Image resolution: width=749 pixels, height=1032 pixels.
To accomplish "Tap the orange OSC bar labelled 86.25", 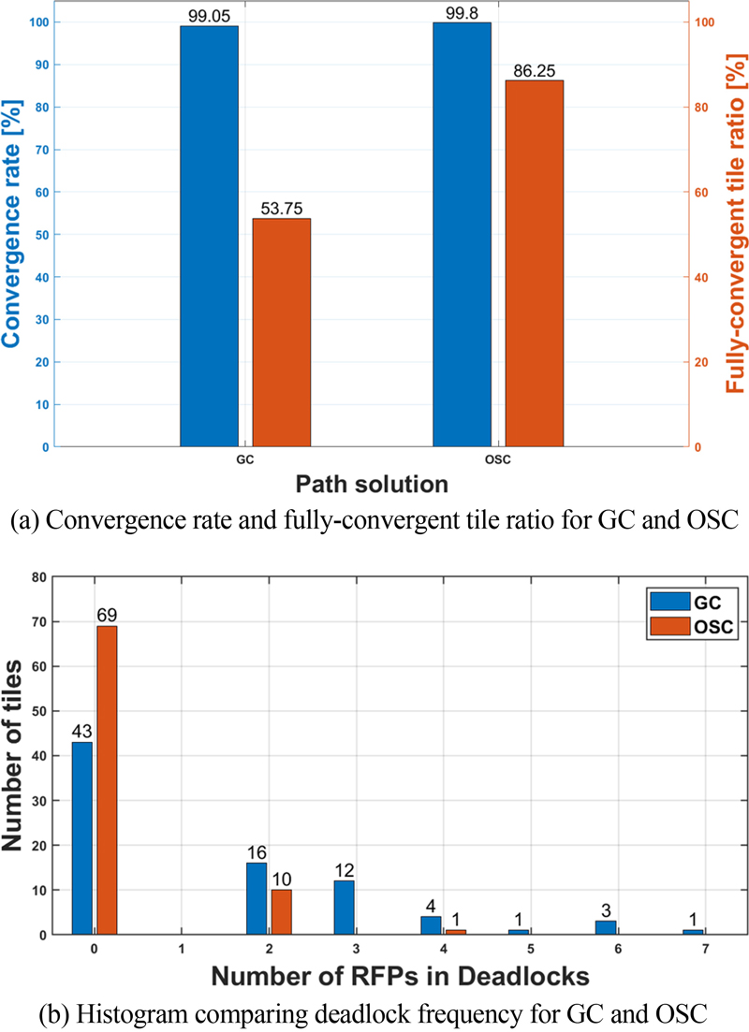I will [535, 263].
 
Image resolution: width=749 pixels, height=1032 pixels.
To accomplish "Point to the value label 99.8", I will [462, 14].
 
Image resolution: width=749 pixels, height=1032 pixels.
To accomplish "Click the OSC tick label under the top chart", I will [499, 460].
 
